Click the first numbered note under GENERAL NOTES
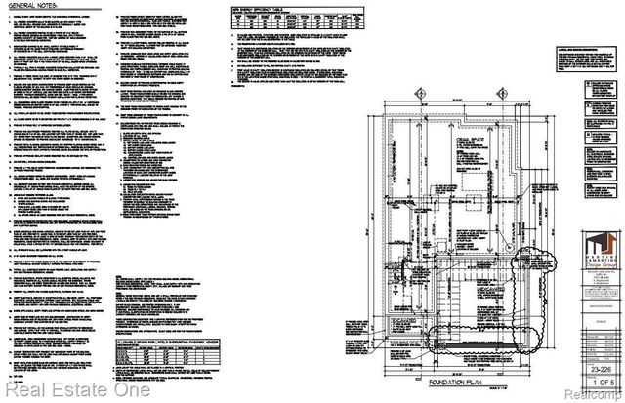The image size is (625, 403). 59,19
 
